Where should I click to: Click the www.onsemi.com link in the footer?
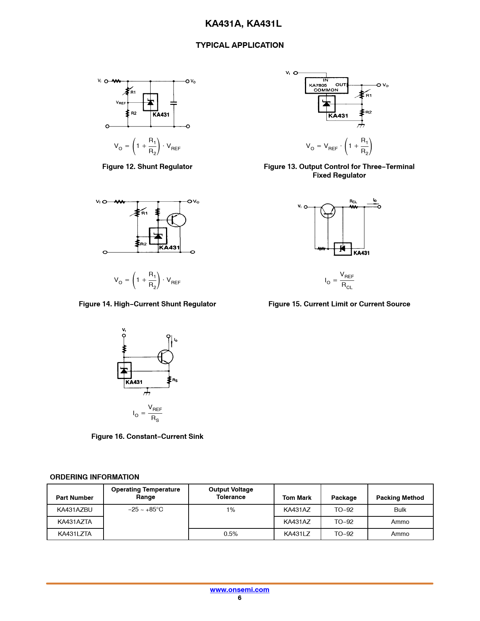coord(239,589)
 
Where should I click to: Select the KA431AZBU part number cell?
coord(75,510)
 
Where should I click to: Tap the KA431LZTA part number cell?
coord(75,534)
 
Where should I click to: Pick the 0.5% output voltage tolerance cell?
coord(231,534)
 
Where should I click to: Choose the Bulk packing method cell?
coord(400,510)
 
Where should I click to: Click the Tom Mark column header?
coord(297,498)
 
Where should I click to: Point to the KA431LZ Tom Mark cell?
coord(297,534)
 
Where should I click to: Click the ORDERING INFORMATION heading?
coord(94,477)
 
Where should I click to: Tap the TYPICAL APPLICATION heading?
coord(239,45)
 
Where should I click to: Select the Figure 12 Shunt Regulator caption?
coord(147,167)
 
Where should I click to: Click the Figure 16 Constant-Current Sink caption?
coord(147,436)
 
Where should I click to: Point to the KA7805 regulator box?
coord(326,85)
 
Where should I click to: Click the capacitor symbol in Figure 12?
coord(174,103)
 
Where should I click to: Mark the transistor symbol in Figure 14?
coord(177,220)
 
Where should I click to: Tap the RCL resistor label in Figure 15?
coord(353,201)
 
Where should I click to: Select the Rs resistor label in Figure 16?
coord(175,380)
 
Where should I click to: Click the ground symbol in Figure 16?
coord(147,392)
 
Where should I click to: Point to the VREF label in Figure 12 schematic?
coord(120,103)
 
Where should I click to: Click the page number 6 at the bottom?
coord(239,598)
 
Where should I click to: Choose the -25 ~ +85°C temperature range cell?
coord(146,510)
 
